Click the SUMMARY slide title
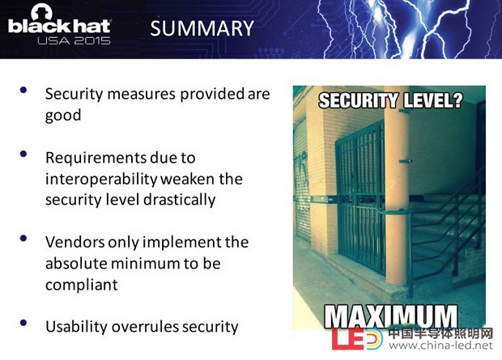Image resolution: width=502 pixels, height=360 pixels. [202, 28]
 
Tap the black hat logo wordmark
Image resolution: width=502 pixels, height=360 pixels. [60, 26]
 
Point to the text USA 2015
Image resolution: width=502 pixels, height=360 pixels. [74, 40]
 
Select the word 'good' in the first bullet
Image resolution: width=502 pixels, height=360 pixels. [63, 116]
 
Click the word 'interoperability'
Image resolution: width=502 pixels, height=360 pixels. [101, 180]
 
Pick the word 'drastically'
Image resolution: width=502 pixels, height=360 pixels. [179, 200]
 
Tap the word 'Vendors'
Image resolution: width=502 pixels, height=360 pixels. [75, 242]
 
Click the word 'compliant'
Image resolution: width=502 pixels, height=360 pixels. [82, 285]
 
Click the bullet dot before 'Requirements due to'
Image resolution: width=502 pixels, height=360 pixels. [23, 154]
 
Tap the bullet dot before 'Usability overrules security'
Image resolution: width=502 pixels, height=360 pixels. [23, 323]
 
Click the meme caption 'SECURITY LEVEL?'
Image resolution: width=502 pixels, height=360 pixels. [390, 100]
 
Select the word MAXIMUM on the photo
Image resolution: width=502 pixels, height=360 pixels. [391, 316]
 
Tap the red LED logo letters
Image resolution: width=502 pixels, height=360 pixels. [349, 338]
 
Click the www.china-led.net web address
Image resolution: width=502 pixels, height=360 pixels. [440, 346]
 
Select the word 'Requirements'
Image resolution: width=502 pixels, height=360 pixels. [96, 158]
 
